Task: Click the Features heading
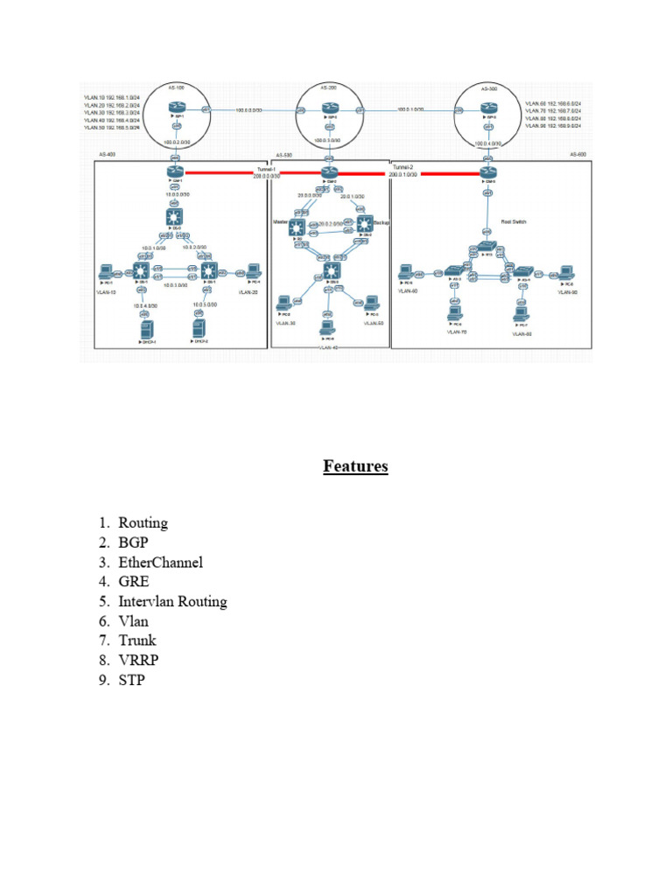pos(355,466)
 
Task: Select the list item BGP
pos(134,542)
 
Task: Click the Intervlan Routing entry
pos(172,601)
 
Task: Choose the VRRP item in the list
pos(138,660)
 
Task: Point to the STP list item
pos(131,679)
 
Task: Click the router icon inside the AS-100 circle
pos(176,108)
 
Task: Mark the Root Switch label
pos(513,222)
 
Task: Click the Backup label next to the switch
pos(381,223)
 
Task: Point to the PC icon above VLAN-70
pos(453,313)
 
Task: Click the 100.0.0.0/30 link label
pos(250,109)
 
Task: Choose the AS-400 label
pos(108,154)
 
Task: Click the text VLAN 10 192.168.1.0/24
pos(112,96)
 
